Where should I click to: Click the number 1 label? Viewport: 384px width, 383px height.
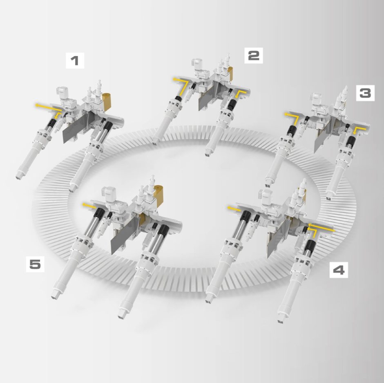click(x=75, y=60)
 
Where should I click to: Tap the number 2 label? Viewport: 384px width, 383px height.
click(x=254, y=56)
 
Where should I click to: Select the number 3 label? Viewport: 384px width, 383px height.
click(x=365, y=93)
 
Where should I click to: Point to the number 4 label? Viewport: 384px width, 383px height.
click(x=339, y=270)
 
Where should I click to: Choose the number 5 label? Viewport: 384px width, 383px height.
click(x=35, y=264)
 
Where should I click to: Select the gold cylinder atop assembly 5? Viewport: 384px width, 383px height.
click(x=159, y=195)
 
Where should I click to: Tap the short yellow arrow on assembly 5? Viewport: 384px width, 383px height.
click(x=89, y=206)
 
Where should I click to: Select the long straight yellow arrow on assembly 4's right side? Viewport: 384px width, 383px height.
click(x=321, y=227)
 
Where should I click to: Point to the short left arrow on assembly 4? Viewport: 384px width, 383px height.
click(x=234, y=209)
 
